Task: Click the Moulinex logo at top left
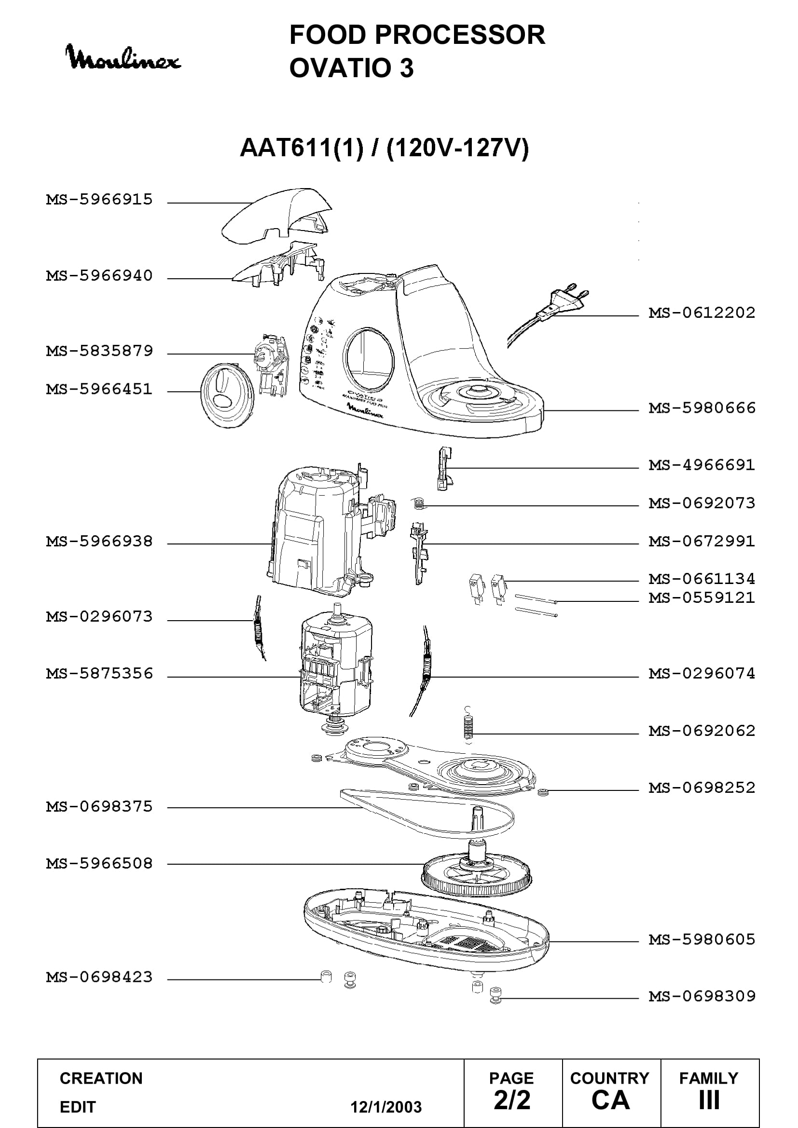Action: point(123,58)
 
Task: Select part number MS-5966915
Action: point(99,200)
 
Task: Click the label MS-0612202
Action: point(702,313)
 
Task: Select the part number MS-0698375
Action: point(99,807)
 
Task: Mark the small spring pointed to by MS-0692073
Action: point(418,503)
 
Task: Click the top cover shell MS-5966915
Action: point(276,215)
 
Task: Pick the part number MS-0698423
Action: point(99,977)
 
